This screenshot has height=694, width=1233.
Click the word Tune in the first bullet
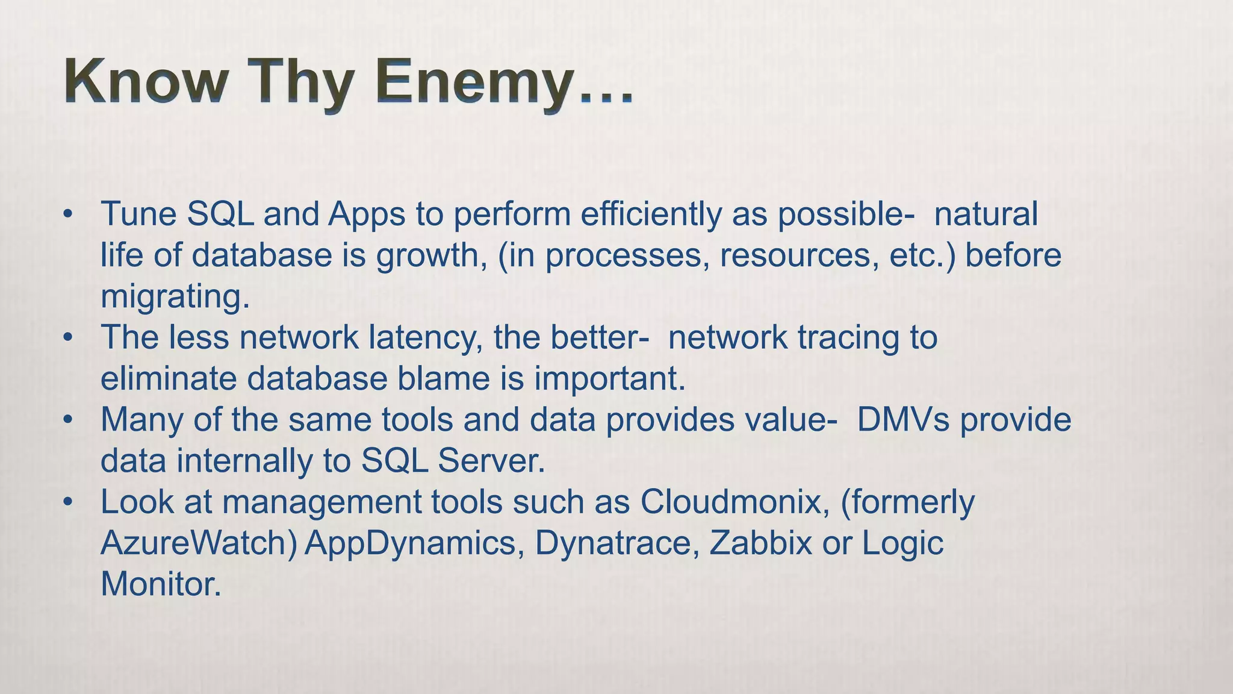pyautogui.click(x=138, y=214)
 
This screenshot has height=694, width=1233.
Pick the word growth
pyautogui.click(x=431, y=256)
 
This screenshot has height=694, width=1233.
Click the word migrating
pyautogui.click(x=175, y=297)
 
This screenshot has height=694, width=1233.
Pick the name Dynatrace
pyautogui.click(x=616, y=543)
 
